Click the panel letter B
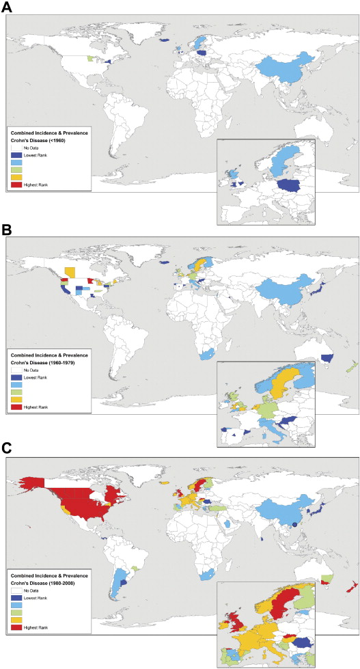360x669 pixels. pos(10,230)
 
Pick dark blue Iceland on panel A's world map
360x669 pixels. pos(164,40)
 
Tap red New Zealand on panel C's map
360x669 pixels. pos(350,589)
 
